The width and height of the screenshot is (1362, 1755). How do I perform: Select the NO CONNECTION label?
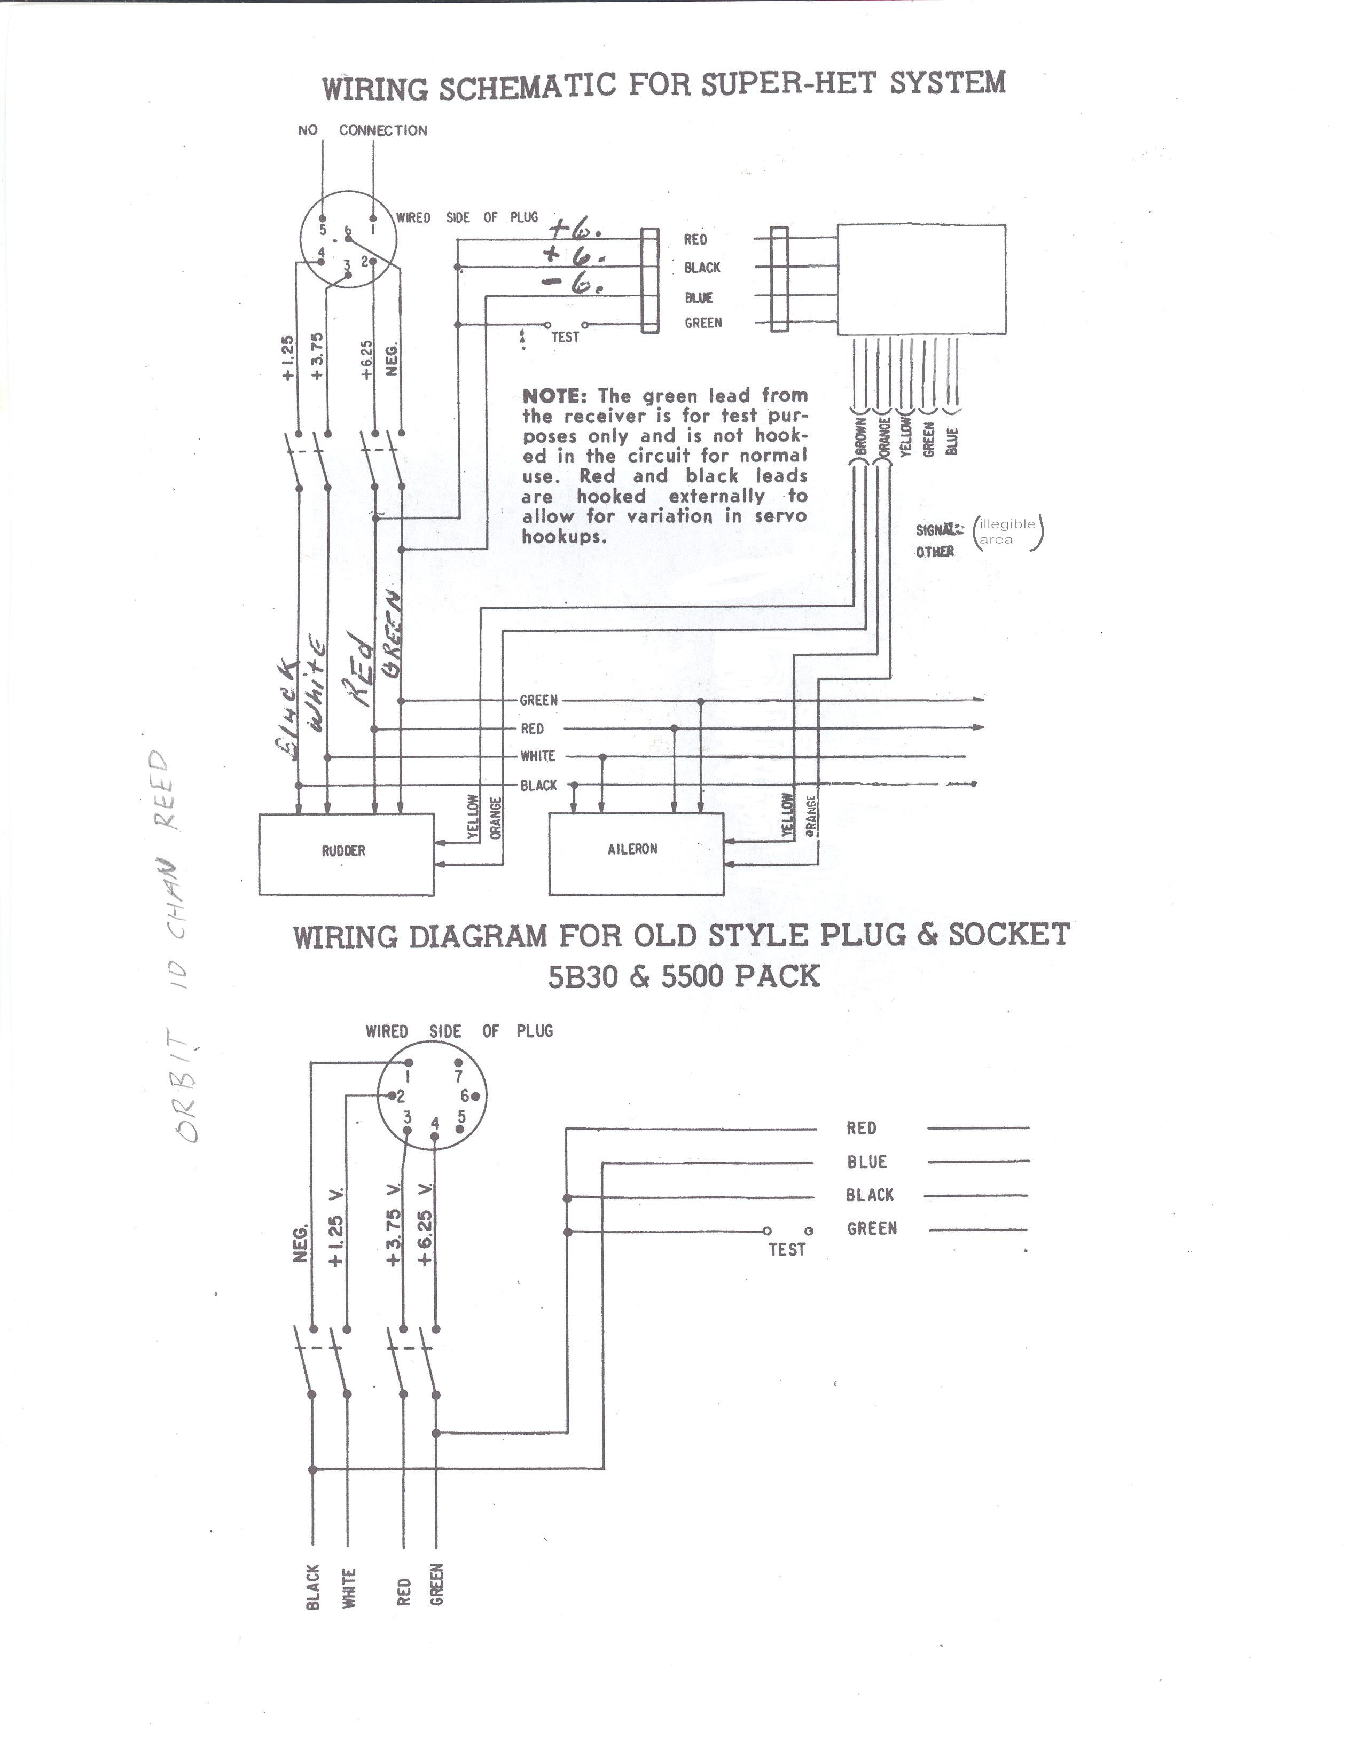(362, 130)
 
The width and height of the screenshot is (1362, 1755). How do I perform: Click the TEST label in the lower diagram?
(786, 1250)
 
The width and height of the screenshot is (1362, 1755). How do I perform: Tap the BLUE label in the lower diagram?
(866, 1162)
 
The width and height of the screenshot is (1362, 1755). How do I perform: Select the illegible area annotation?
(1008, 532)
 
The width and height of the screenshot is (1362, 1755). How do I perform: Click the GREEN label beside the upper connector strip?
(703, 323)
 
